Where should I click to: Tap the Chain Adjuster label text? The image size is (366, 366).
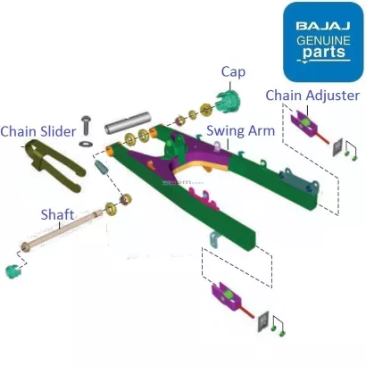coord(312,96)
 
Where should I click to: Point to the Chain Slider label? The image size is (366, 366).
coord(37,131)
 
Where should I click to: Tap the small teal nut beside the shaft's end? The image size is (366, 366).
coord(14,270)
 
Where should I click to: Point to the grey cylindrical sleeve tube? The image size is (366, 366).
coord(129,117)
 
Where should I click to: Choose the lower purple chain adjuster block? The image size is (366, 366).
coord(226,295)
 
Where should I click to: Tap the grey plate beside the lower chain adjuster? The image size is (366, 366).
coord(263,319)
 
